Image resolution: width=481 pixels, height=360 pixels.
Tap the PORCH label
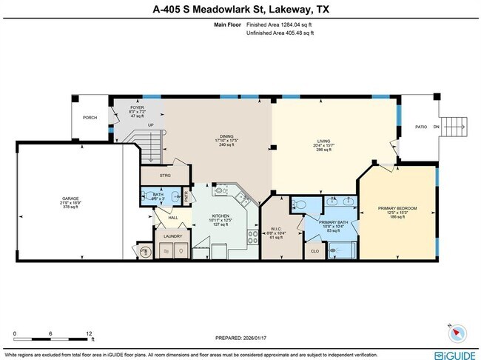pos(90,117)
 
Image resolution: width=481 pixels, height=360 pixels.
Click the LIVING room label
pos(323,136)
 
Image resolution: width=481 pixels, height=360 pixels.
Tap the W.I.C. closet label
pos(277,228)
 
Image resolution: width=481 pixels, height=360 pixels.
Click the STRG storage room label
pos(165,176)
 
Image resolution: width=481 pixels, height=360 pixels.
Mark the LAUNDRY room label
pos(172,236)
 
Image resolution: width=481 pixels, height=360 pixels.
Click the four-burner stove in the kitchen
pos(252,238)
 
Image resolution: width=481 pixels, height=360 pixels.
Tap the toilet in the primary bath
pos(298,204)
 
